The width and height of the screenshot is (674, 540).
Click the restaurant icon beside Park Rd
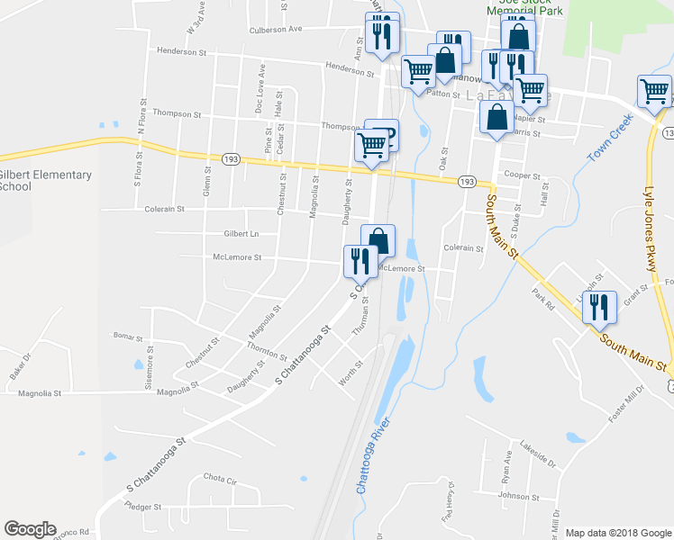[599, 308]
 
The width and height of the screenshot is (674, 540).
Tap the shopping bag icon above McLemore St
[379, 240]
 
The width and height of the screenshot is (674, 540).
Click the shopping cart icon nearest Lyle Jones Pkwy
[653, 91]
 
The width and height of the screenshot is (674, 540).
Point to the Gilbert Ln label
[241, 233]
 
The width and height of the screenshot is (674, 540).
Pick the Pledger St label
[144, 507]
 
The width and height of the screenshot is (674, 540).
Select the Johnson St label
[518, 495]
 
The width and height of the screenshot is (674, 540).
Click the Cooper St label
[522, 175]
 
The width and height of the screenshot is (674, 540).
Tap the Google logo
[30, 529]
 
